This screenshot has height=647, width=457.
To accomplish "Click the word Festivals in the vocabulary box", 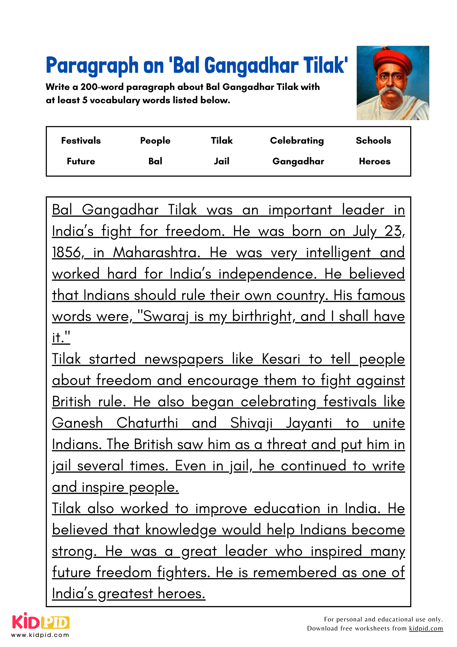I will [x=81, y=140].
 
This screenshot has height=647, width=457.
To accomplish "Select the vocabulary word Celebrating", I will [x=297, y=140].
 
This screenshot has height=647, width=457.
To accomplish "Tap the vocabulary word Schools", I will [x=373, y=140].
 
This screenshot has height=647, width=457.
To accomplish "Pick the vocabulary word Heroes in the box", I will [x=375, y=161].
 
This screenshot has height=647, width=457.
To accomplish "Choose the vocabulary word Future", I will [x=81, y=161].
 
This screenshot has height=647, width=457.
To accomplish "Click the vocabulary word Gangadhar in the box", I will [x=298, y=161].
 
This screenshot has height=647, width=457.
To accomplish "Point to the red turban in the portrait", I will [x=392, y=60].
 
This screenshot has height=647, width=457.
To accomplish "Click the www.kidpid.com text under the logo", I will [x=40, y=635].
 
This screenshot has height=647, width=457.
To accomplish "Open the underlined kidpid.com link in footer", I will [x=426, y=628].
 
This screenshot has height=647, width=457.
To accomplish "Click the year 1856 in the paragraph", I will [x=66, y=253].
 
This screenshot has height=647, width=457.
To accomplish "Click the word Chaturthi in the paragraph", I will [x=147, y=423].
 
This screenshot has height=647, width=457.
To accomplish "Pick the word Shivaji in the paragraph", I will [x=251, y=423].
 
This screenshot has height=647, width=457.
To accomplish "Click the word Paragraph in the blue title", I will [x=92, y=65].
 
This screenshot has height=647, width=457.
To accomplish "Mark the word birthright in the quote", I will [x=262, y=316].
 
